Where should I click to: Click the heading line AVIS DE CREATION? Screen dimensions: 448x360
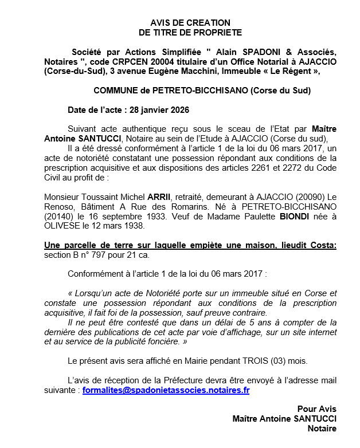(x=182, y=23)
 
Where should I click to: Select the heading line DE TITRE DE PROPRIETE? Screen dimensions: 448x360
(x=182, y=33)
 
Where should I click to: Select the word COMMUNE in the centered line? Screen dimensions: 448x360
(x=115, y=91)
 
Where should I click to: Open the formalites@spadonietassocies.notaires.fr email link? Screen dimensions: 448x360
(x=166, y=390)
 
